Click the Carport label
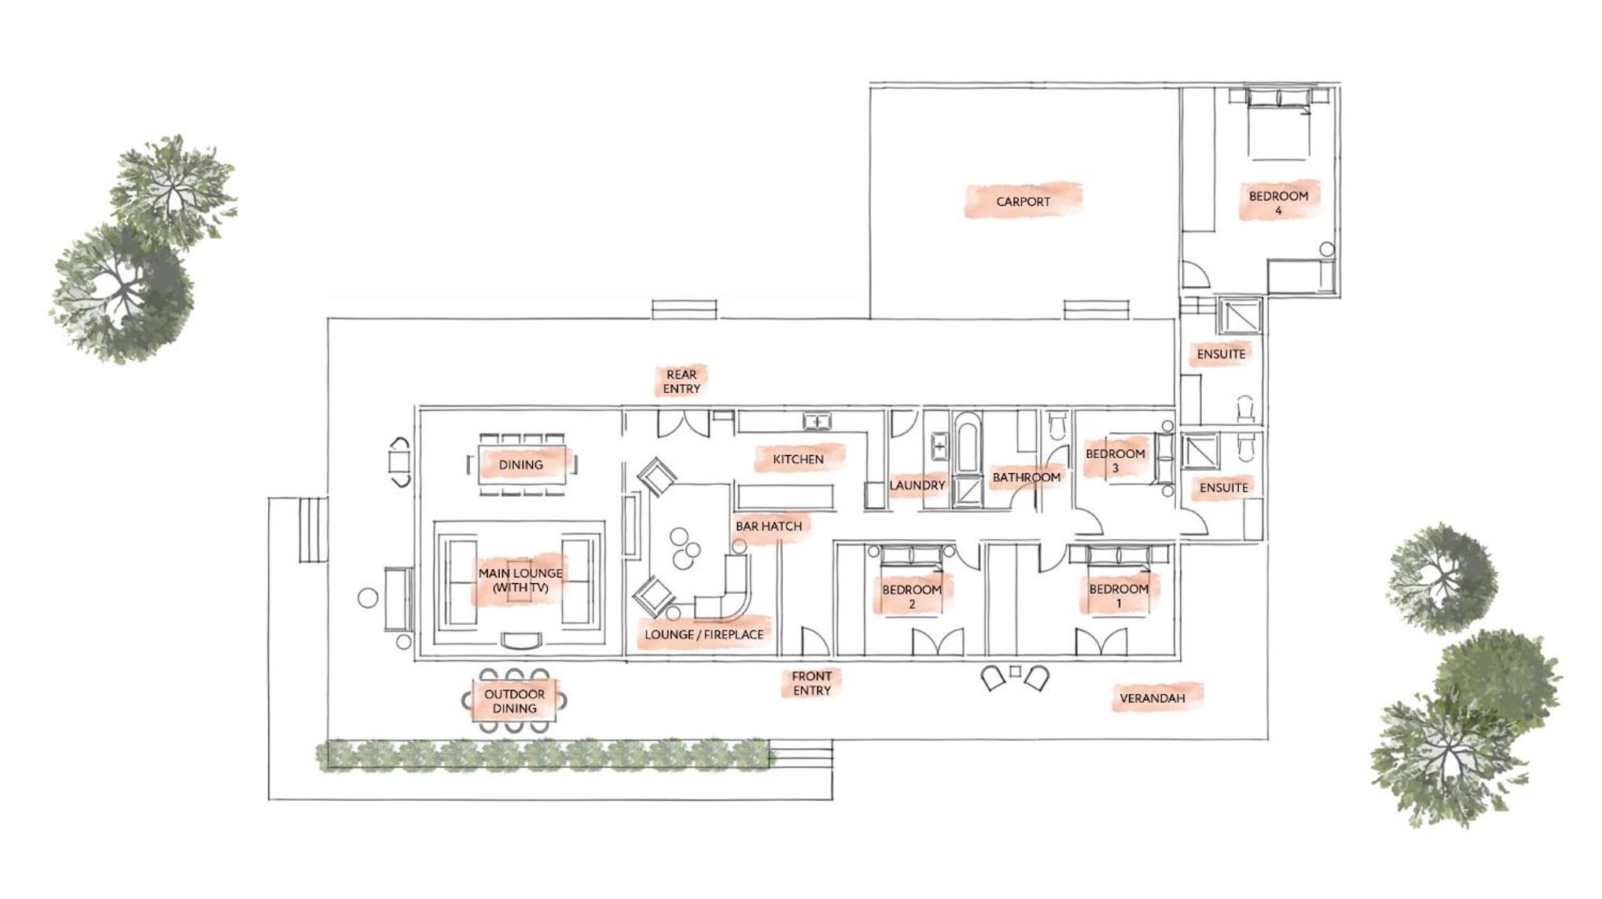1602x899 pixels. (1023, 202)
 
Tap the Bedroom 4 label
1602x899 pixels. (1278, 203)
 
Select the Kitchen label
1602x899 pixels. (798, 459)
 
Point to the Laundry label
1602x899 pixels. (917, 485)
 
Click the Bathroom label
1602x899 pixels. (1026, 477)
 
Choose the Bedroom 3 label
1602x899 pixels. (1115, 461)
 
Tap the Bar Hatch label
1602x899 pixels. (769, 526)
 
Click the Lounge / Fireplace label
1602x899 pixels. (704, 634)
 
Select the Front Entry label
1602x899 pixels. (811, 683)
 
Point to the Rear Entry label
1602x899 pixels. (681, 381)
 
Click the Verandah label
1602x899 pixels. (1152, 698)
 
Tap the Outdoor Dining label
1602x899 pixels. (514, 701)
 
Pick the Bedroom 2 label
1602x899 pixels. (911, 596)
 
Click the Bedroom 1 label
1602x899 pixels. (1119, 596)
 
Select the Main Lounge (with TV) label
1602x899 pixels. (520, 580)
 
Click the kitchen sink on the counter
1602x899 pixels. (817, 422)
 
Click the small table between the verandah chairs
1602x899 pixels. (1015, 671)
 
